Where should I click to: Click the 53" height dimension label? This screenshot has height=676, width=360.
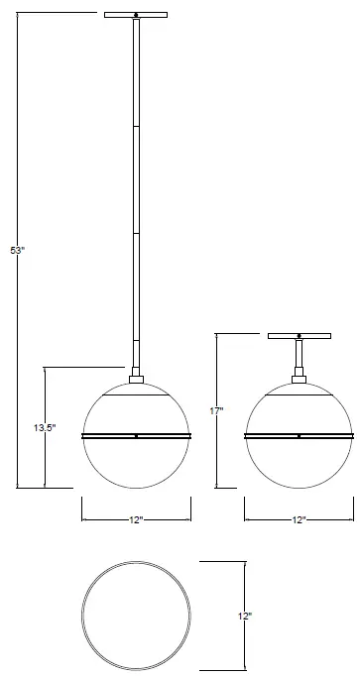tap(17, 251)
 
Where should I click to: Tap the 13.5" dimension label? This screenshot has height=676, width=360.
tap(44, 427)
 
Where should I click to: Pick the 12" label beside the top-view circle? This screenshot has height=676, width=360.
tap(246, 616)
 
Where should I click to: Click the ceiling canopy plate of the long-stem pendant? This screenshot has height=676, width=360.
tap(136, 14)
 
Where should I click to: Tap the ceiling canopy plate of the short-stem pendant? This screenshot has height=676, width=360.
tap(299, 336)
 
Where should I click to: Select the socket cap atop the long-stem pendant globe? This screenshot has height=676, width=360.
tap(136, 377)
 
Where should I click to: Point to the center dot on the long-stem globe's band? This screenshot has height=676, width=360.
tap(136, 435)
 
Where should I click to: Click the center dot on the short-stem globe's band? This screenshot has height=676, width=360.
tap(299, 435)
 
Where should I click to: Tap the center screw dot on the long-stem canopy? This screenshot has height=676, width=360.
tap(136, 14)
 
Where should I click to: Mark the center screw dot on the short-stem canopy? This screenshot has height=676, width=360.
tap(299, 336)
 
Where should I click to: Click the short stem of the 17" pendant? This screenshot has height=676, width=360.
tap(299, 354)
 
